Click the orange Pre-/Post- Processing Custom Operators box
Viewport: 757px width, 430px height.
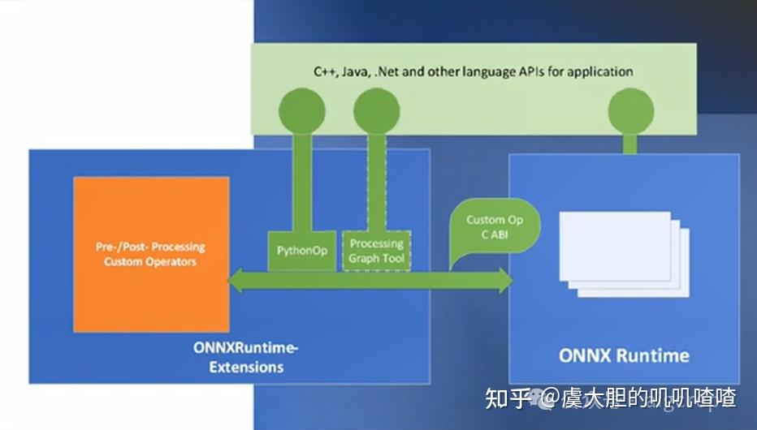(151, 254)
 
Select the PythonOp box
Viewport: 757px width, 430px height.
(302, 251)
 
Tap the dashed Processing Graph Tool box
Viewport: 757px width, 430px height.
(376, 251)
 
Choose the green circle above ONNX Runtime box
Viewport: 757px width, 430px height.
(630, 109)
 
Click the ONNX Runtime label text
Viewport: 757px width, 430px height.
(624, 355)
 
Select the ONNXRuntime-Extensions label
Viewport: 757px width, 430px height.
(247, 357)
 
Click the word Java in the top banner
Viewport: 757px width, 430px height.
(356, 71)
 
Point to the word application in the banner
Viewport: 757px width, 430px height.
(600, 71)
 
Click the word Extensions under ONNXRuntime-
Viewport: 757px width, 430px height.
(247, 367)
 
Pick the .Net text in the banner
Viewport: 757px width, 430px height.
(387, 71)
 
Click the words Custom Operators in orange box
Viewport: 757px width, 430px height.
(151, 262)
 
